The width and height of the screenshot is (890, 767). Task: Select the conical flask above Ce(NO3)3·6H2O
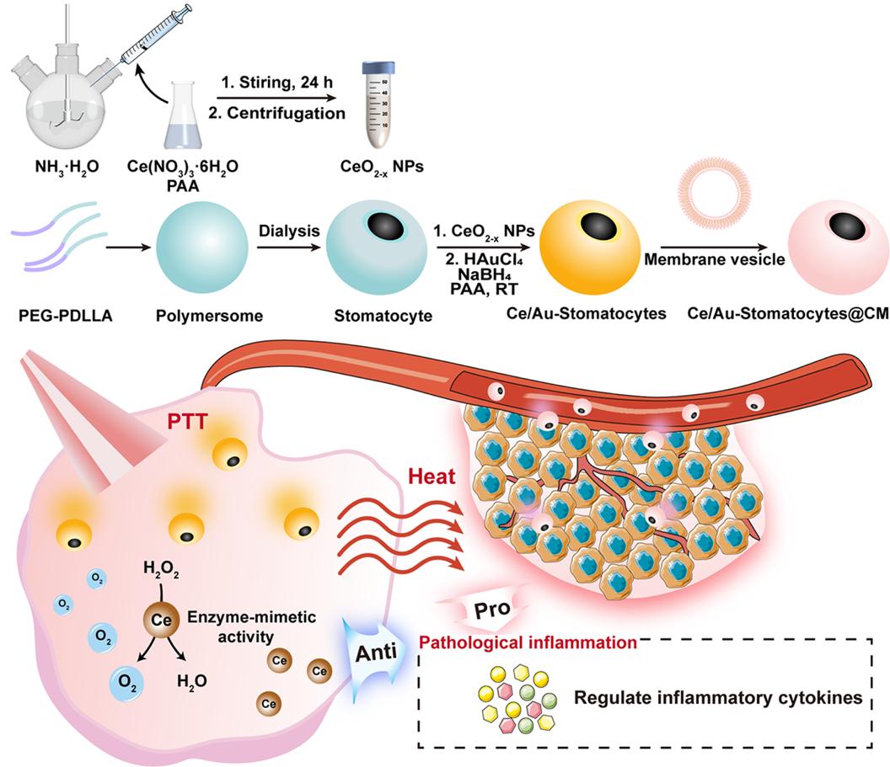click(190, 118)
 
